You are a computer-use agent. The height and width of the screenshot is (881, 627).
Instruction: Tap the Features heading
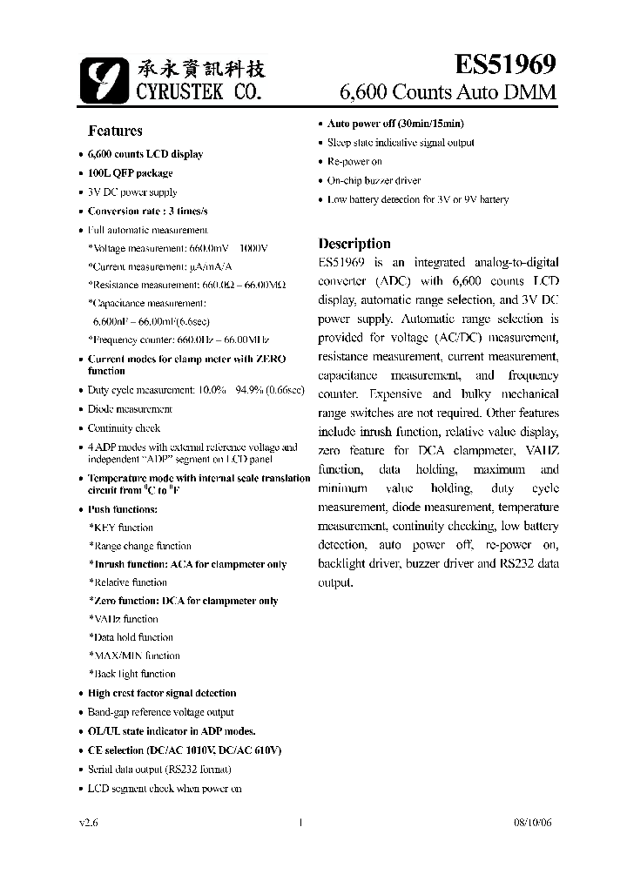[115, 131]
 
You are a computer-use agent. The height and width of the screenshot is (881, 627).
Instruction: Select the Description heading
[354, 244]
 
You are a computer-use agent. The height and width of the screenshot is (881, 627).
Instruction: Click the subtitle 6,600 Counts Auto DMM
[447, 92]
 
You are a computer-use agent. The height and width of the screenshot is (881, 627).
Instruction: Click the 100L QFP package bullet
[130, 173]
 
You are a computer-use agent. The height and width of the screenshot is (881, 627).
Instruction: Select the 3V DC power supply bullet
[131, 192]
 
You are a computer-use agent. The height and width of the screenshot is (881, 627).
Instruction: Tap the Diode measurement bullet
[130, 408]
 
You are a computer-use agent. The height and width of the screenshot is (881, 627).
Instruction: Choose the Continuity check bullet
[124, 427]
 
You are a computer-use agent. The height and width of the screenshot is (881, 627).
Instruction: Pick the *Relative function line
[127, 582]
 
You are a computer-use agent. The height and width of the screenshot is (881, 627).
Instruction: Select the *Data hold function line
[131, 637]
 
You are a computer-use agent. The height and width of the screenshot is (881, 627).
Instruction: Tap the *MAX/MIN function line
[134, 656]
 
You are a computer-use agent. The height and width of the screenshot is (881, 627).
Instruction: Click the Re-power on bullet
[354, 161]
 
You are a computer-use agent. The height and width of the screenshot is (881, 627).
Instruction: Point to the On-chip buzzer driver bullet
[374, 180]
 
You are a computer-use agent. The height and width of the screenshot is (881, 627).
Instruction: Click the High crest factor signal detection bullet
[161, 693]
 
